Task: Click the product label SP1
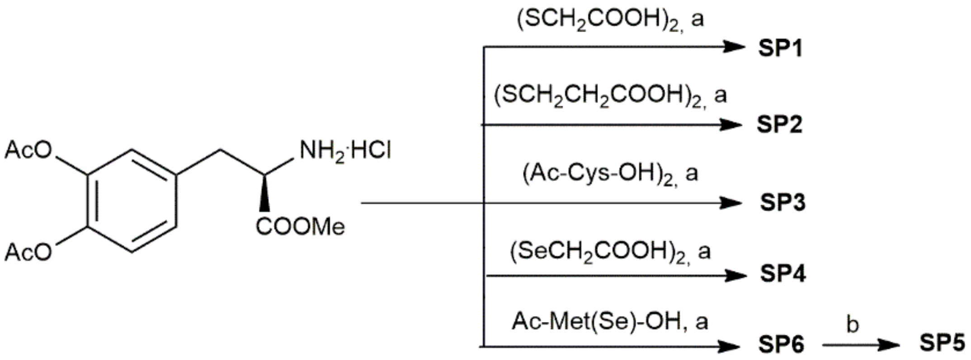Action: click(x=781, y=48)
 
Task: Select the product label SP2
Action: click(x=780, y=124)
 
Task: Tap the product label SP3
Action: click(x=782, y=203)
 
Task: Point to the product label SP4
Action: click(x=782, y=274)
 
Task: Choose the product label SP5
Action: click(x=943, y=343)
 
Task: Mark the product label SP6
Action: click(x=782, y=345)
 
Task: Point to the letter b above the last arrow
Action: click(x=852, y=325)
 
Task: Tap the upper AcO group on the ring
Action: click(x=28, y=151)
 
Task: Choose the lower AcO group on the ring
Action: click(x=28, y=252)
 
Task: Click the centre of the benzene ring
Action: click(x=132, y=201)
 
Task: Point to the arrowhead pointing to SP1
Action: click(x=733, y=47)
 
